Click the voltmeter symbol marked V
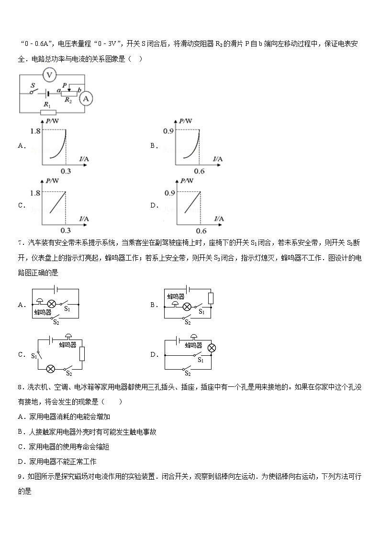coord(49,75)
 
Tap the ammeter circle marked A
coord(86,99)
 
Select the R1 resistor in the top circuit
coord(48,113)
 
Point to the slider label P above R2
coord(64,85)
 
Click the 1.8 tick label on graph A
coord(34,131)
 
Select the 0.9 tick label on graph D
coord(168,193)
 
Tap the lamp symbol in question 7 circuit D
coord(211,348)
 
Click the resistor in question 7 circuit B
coord(211,298)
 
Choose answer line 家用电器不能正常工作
coord(57,461)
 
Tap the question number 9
coord(20,476)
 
